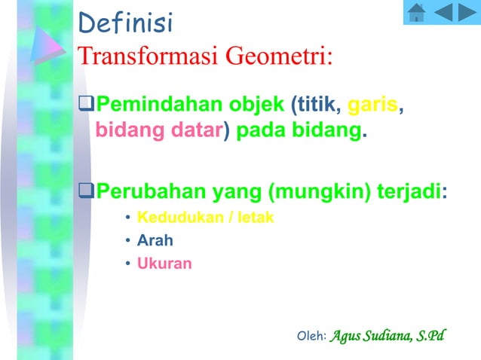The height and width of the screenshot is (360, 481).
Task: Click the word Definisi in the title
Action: point(125,24)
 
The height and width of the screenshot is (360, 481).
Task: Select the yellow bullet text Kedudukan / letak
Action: point(205,218)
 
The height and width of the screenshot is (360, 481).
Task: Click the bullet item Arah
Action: point(155,241)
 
